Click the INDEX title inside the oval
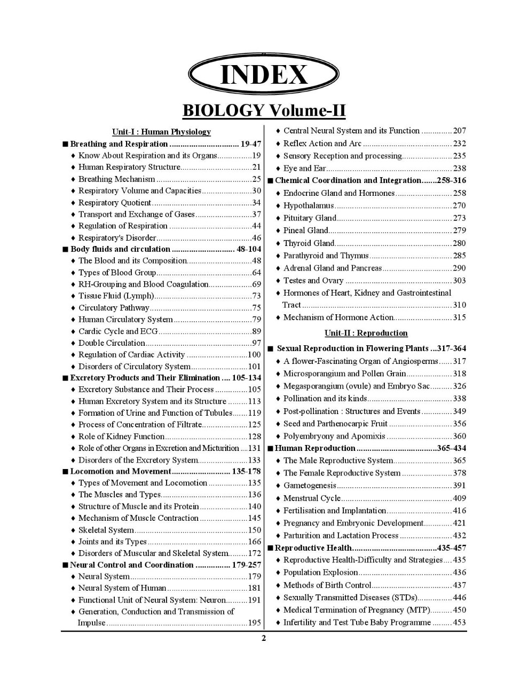[x=264, y=75]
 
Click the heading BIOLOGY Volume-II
[x=264, y=110]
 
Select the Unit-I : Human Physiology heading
[x=161, y=132]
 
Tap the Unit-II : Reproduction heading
[x=366, y=333]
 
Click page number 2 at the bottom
[x=264, y=639]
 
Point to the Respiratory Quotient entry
[x=115, y=203]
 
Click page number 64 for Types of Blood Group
[x=256, y=273]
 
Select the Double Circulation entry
[x=112, y=343]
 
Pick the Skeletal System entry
[x=106, y=530]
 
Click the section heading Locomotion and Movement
[x=121, y=471]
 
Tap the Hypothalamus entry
[x=309, y=205]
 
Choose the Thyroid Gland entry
[x=309, y=243]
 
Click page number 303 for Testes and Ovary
[x=459, y=281]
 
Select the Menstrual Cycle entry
[x=312, y=498]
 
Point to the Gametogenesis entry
[x=310, y=486]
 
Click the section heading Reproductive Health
[x=313, y=548]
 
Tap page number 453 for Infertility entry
[x=459, y=623]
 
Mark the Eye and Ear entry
[x=304, y=169]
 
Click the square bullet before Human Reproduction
[x=270, y=449]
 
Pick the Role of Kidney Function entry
[x=121, y=436]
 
